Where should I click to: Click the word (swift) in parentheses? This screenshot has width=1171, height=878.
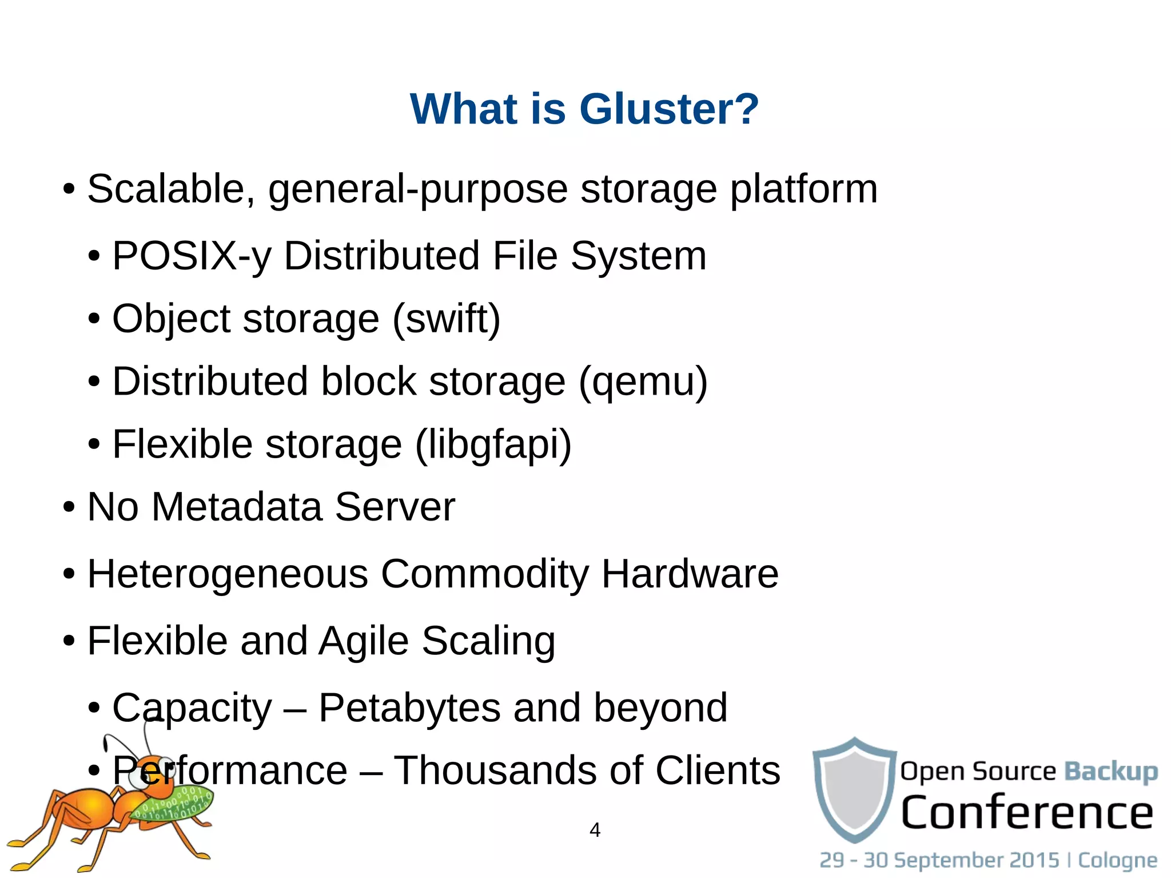446,319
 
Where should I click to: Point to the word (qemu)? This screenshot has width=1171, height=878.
643,382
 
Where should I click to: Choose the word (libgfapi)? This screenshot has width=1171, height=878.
493,445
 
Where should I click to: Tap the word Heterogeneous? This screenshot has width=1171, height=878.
228,574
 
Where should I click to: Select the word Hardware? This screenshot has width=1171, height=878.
690,574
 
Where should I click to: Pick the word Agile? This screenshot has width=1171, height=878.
363,641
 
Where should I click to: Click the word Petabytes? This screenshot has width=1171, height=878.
409,708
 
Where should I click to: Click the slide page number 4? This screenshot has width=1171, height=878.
595,830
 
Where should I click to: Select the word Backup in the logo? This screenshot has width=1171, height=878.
1110,772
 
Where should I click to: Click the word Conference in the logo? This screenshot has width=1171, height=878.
1027,813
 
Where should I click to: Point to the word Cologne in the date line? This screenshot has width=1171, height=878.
1117,860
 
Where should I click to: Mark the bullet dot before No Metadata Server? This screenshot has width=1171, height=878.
69,507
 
